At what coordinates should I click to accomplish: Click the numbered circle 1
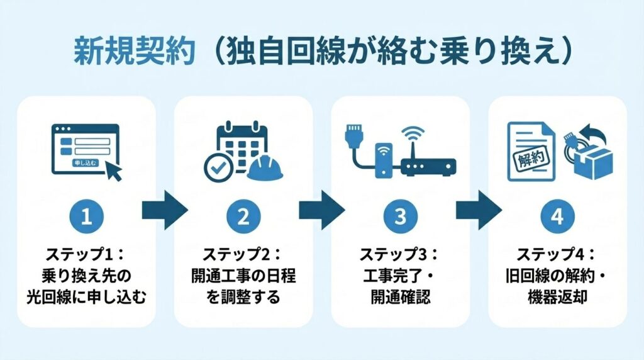tap(87, 217)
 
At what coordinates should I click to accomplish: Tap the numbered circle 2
tap(243, 217)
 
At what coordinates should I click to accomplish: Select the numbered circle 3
tap(401, 217)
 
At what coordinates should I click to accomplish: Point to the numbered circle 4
tap(557, 217)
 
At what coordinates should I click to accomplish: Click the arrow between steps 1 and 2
tap(165, 210)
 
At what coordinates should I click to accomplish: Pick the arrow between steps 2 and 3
tap(322, 210)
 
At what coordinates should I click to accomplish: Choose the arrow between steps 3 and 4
tap(479, 210)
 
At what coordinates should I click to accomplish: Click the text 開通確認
tap(401, 296)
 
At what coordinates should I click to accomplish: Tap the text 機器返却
tap(557, 296)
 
